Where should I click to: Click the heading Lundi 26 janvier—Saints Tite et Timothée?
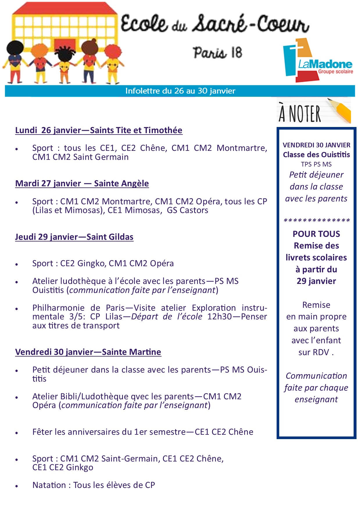coord(99,130)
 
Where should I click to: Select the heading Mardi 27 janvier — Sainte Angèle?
coord(82,183)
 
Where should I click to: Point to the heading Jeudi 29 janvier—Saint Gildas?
coord(74,237)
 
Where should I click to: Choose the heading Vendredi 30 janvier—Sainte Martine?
coord(88,352)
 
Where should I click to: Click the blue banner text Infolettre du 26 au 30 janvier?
coord(180,91)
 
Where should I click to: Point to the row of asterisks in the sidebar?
coord(317,221)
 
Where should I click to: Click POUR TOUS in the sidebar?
coord(316,234)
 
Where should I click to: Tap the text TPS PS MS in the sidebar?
coord(316,164)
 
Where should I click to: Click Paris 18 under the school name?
coord(217,53)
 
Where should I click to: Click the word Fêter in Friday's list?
coord(42,432)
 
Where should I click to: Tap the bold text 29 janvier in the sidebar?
coord(316,281)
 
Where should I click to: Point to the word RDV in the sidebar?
coord(321,352)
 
